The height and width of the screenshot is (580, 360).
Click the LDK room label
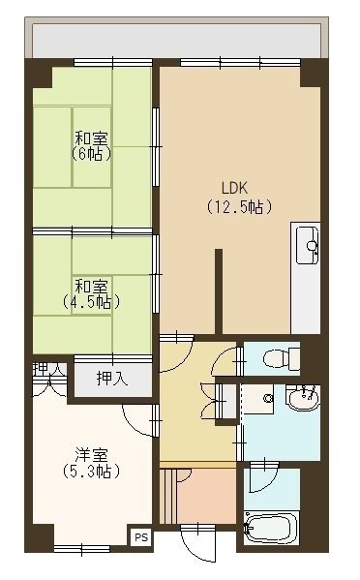234,188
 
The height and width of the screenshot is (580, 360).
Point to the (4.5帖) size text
91,302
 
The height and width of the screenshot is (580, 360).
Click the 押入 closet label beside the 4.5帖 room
112,378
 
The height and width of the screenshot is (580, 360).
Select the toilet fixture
277,359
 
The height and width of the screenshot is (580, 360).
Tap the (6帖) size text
91,153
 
